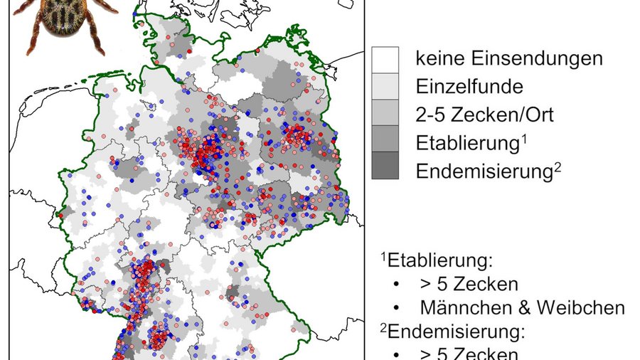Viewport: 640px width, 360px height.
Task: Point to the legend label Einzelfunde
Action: [x=469, y=87]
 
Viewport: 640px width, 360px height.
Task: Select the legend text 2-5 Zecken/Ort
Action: [x=484, y=115]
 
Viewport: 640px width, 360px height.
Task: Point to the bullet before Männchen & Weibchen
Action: [x=395, y=308]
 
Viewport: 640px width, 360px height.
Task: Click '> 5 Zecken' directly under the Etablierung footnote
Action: [x=469, y=283]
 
